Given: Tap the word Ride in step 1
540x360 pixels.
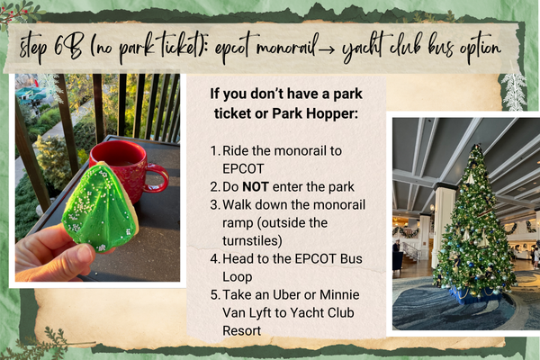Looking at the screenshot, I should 235,151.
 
